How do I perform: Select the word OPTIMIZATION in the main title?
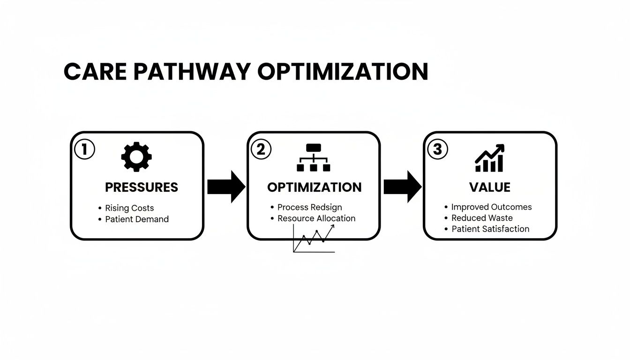(x=343, y=72)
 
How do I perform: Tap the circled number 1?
(x=85, y=150)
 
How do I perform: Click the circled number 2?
(x=261, y=150)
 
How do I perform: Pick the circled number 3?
(x=437, y=150)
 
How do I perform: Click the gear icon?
(x=136, y=157)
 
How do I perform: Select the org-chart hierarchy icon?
(x=313, y=157)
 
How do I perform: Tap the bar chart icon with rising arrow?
(x=489, y=158)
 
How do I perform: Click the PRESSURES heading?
(x=142, y=187)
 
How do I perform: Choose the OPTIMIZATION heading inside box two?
(x=314, y=187)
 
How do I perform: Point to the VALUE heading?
(x=489, y=187)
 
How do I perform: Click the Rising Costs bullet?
(x=129, y=208)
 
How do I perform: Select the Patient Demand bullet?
(x=136, y=219)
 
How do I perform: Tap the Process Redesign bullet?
(x=309, y=207)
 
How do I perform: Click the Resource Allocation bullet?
(x=316, y=218)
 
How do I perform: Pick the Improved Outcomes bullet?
(x=491, y=207)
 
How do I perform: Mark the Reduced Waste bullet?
(x=482, y=218)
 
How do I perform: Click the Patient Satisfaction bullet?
(x=490, y=229)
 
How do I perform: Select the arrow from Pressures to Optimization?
(x=226, y=187)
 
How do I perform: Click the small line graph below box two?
(x=314, y=239)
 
